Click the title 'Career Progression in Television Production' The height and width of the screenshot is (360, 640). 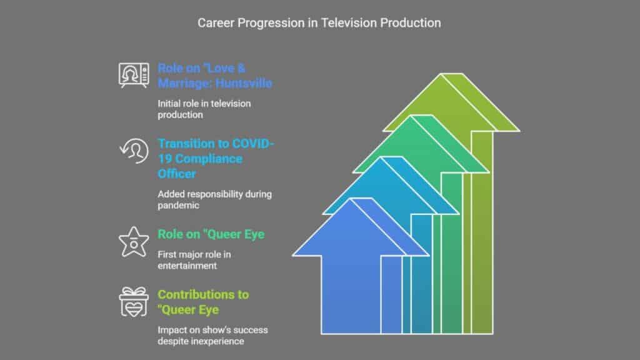(x=319, y=23)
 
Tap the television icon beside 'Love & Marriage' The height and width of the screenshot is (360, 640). (x=134, y=75)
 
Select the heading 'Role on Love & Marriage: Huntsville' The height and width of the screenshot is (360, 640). (x=215, y=76)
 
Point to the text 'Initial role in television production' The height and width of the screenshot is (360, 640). (x=204, y=109)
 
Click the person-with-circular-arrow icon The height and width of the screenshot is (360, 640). (x=134, y=151)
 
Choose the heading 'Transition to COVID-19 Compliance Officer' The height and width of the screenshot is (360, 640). (x=216, y=158)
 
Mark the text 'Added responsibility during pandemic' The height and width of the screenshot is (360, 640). (x=215, y=199)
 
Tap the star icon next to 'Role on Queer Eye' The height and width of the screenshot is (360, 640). (x=134, y=242)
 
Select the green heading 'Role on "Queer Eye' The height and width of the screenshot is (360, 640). (x=211, y=234)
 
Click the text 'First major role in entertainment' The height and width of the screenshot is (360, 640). (x=194, y=260)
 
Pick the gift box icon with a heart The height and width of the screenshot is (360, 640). (x=134, y=302)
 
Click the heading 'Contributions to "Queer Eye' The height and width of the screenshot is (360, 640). (x=203, y=302)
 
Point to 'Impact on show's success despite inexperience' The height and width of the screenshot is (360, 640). (x=212, y=336)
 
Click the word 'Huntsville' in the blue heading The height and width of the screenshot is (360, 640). (x=244, y=83)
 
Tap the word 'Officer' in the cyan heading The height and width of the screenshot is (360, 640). (x=177, y=174)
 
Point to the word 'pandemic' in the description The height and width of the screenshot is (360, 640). (x=178, y=205)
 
